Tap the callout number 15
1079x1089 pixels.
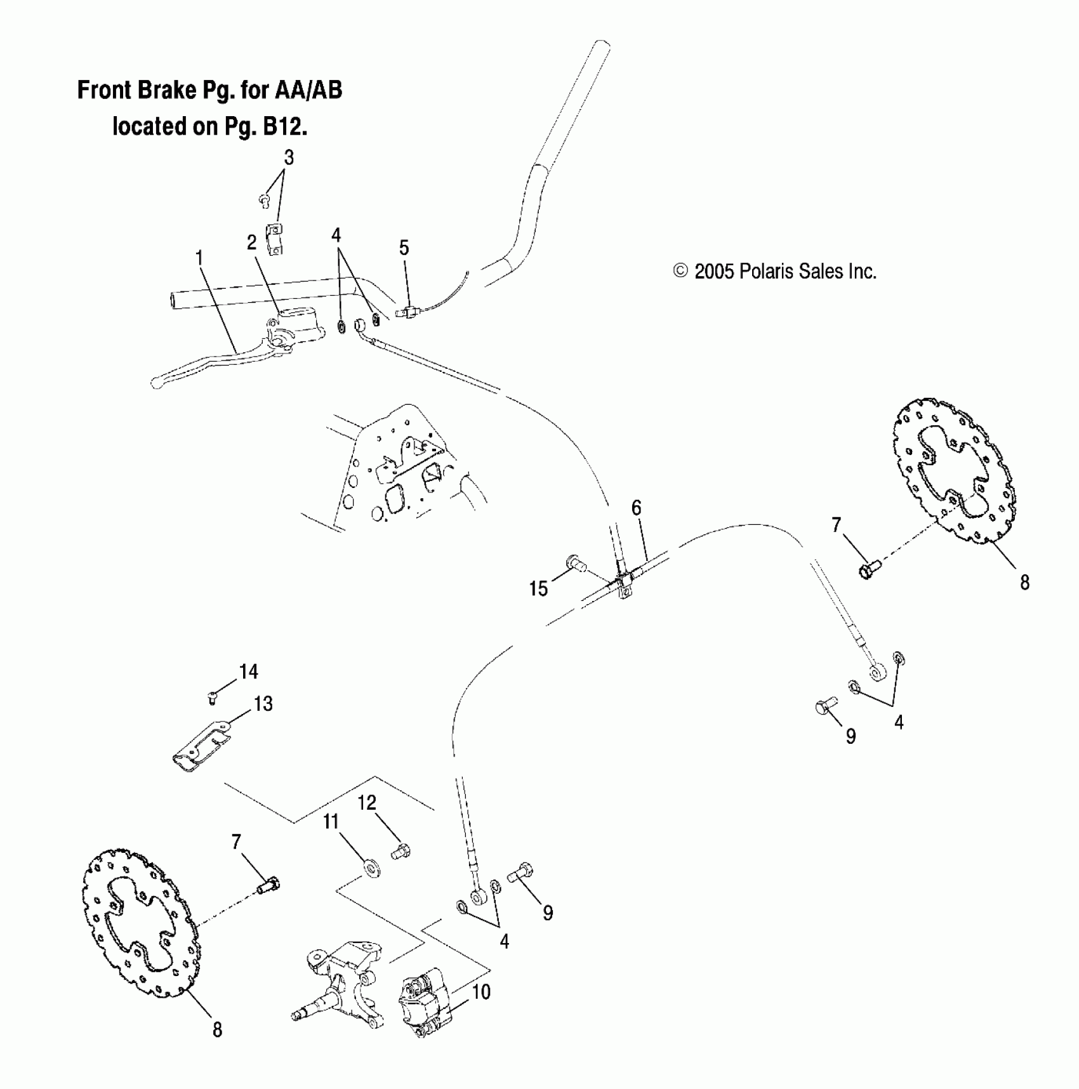click(x=538, y=589)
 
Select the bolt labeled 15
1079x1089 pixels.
click(x=574, y=562)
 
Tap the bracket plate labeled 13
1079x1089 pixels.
click(x=201, y=744)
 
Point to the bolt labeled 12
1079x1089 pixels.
click(x=400, y=850)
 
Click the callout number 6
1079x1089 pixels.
click(x=636, y=508)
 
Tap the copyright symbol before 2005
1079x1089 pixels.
click(x=680, y=272)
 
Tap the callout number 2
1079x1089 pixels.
click(x=252, y=242)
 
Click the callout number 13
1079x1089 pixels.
click(x=263, y=703)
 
